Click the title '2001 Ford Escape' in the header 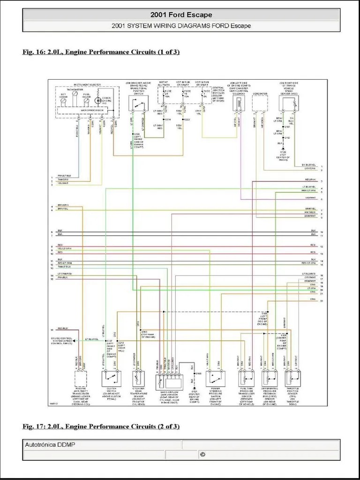point(181,15)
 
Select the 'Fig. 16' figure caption point(101,52)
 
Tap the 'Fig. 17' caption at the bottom point(101,426)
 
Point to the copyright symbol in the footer point(202,454)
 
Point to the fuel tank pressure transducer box point(246,378)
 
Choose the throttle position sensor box point(292,378)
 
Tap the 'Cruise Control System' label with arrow point(63,340)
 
